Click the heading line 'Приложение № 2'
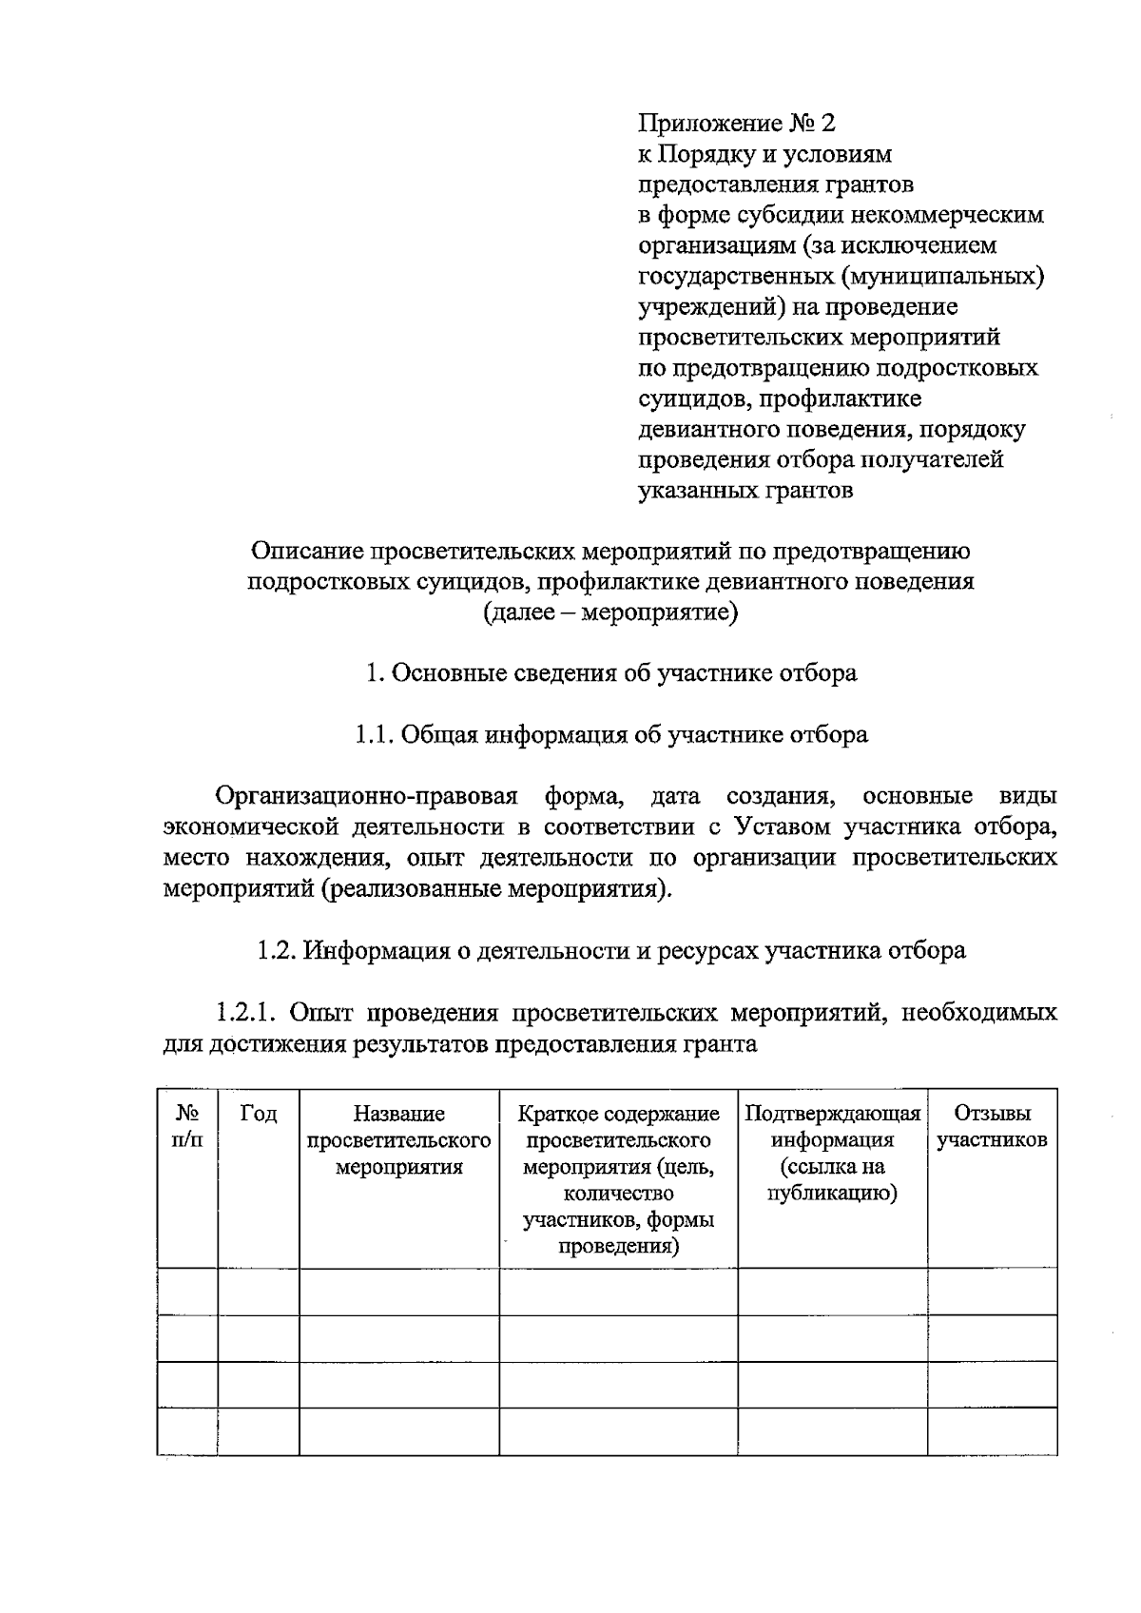(738, 124)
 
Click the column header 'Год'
(259, 1113)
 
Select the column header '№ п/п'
(187, 1126)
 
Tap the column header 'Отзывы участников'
(992, 1126)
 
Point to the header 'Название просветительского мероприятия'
(399, 1139)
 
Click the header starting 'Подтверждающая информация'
(832, 1153)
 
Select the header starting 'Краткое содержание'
(618, 1179)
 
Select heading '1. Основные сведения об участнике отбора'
(611, 673)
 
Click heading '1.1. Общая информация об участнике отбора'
(611, 734)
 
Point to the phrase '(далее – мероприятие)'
(610, 612)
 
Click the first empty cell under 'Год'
(259, 1291)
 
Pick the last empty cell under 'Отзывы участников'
(992, 1430)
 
